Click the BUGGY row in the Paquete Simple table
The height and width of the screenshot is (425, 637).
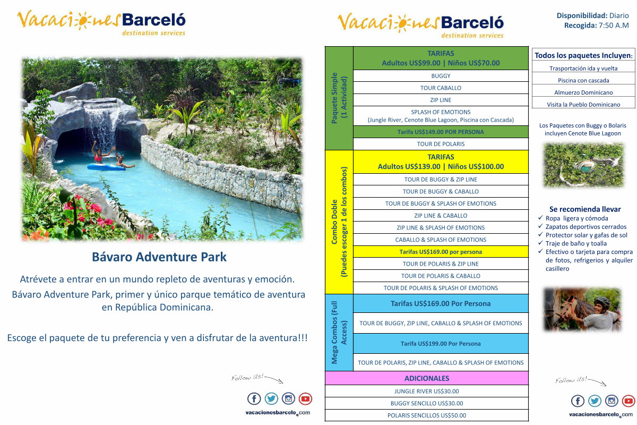441,76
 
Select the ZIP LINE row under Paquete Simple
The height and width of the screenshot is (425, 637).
441,100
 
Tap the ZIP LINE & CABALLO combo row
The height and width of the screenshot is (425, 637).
441,216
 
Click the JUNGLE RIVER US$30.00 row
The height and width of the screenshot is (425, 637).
427,391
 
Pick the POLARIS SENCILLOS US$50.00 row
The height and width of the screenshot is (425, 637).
427,415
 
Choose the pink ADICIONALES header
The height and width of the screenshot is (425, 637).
427,378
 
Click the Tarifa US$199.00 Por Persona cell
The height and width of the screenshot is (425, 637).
441,344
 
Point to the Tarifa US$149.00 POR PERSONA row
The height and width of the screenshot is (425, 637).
441,132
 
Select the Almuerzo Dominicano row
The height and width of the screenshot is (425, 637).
583,92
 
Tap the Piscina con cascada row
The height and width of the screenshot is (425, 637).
583,80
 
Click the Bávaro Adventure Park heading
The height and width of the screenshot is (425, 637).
159,257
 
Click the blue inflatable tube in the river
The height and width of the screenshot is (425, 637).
106,167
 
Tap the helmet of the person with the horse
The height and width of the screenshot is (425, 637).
602,301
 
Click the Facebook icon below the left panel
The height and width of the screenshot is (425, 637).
254,398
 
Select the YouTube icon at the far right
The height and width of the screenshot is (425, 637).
629,401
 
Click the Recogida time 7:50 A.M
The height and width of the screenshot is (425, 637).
614,25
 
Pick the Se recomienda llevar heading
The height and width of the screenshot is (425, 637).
584,209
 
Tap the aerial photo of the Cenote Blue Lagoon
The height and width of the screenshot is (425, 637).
583,165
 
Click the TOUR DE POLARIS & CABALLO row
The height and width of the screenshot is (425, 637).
441,276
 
